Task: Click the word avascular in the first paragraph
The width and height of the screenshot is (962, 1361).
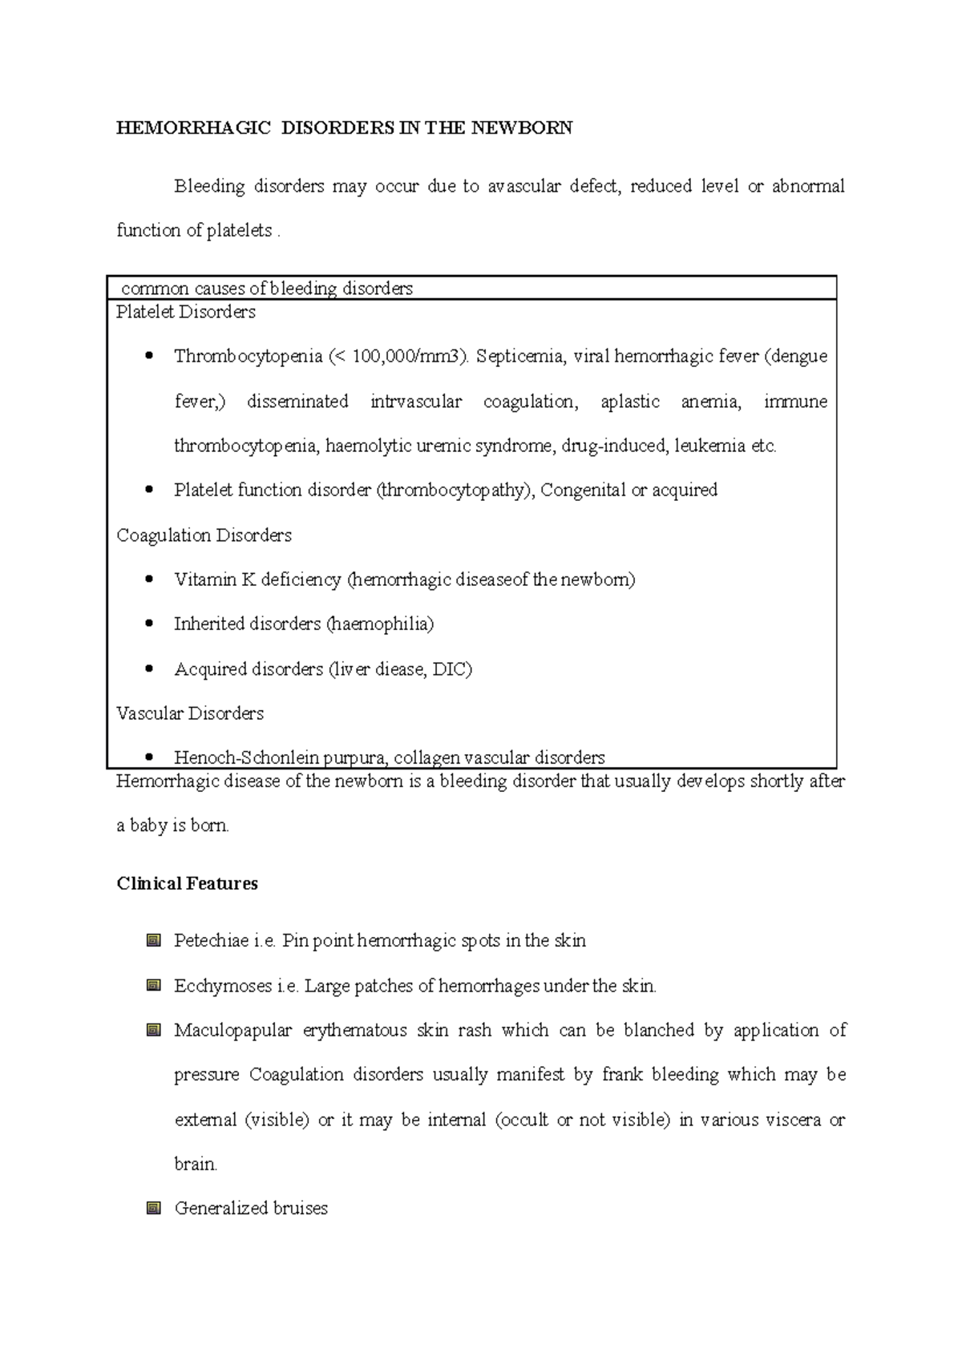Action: pyautogui.click(x=524, y=187)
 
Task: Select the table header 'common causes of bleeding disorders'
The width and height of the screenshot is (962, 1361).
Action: pyautogui.click(x=266, y=289)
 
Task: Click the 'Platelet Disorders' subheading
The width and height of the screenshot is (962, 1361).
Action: pyautogui.click(x=186, y=312)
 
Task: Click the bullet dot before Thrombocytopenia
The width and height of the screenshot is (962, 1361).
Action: pyautogui.click(x=149, y=357)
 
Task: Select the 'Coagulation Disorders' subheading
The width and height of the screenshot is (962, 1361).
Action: pyautogui.click(x=204, y=535)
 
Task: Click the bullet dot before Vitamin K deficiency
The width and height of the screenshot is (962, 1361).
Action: pyautogui.click(x=149, y=580)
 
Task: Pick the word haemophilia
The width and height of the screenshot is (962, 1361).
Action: pyautogui.click(x=380, y=624)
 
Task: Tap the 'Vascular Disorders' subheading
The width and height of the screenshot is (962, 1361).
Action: pyautogui.click(x=190, y=713)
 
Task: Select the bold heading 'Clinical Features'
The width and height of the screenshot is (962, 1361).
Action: pyautogui.click(x=187, y=884)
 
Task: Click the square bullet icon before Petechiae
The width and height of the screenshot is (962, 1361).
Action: pyautogui.click(x=154, y=941)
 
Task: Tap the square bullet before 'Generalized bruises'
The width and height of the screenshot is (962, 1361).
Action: pyautogui.click(x=154, y=1208)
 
